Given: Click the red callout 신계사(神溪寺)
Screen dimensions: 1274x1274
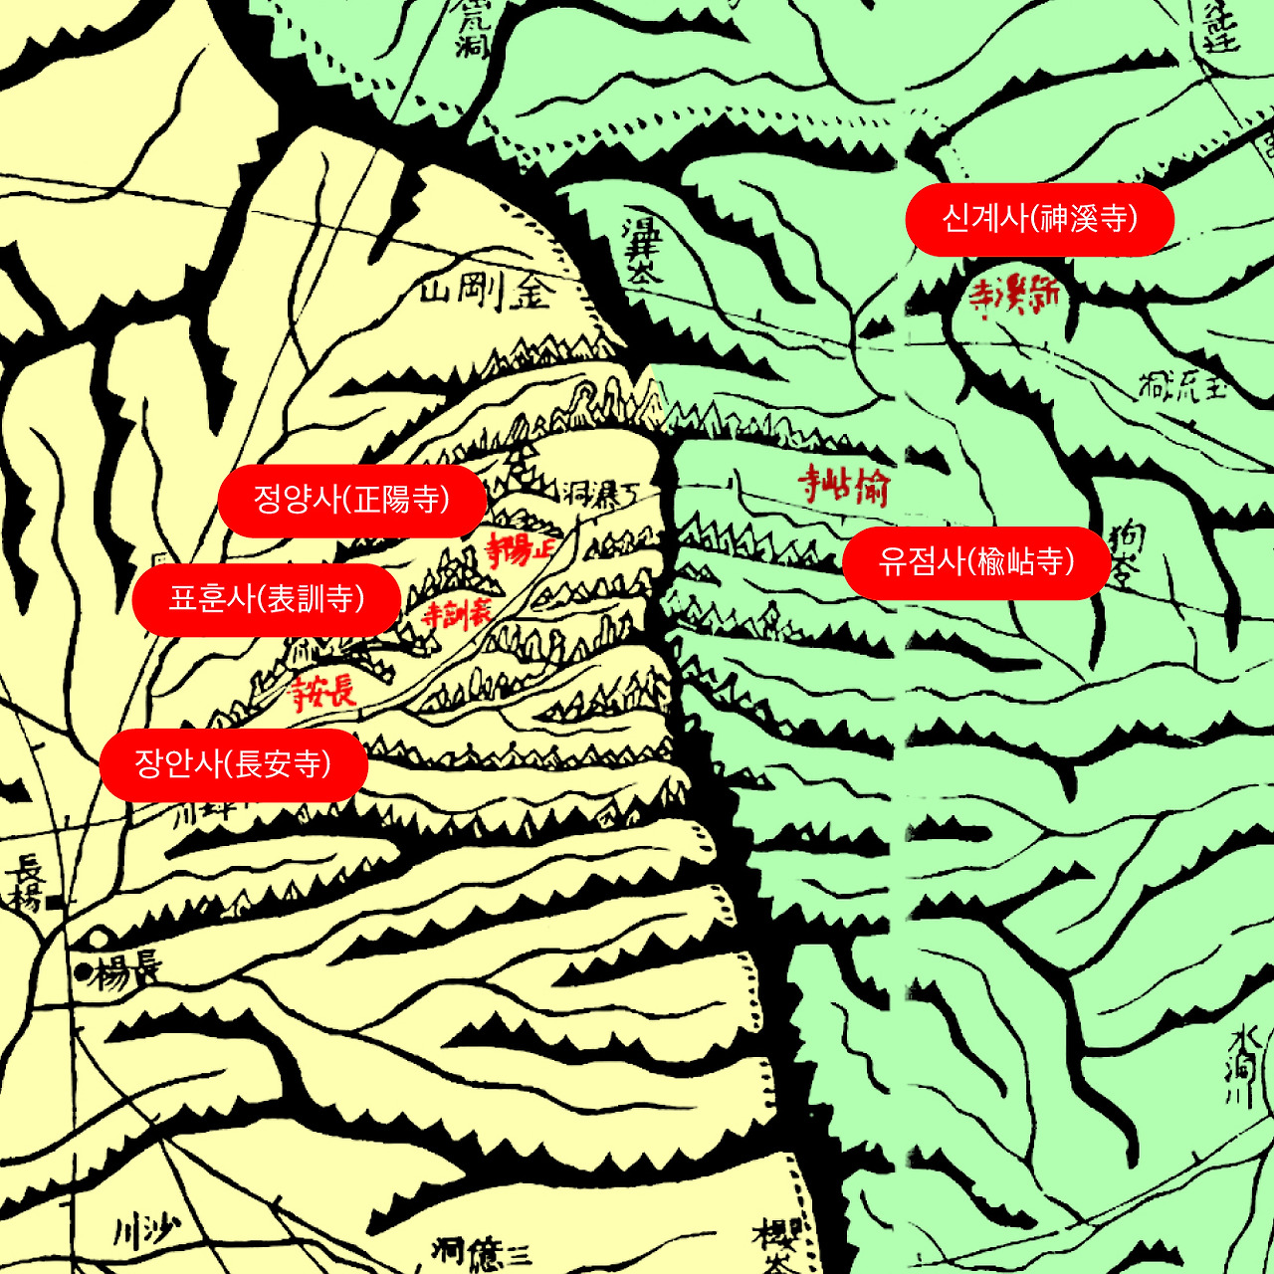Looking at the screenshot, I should click(x=1039, y=219).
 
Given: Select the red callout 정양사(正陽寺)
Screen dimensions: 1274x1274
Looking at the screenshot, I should click(x=351, y=501).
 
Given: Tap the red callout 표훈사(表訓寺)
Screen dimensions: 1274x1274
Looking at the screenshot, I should click(x=266, y=599).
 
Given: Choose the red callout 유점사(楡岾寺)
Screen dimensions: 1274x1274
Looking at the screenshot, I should click(x=975, y=562).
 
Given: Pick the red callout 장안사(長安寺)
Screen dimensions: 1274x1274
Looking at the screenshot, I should click(x=233, y=764).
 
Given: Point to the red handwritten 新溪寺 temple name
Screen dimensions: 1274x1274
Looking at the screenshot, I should click(x=1013, y=295).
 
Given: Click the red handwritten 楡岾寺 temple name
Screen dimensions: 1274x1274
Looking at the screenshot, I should click(x=844, y=486).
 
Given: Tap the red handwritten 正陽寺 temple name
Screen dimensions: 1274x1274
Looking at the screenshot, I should click(x=520, y=548).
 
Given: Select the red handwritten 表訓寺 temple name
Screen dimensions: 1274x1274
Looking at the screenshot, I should click(x=456, y=613).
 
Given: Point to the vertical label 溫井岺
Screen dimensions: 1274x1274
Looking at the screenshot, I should click(x=640, y=249).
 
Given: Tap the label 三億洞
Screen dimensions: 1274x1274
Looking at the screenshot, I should click(x=482, y=1252).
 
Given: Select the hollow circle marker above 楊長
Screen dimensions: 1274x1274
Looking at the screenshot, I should click(x=99, y=938).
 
